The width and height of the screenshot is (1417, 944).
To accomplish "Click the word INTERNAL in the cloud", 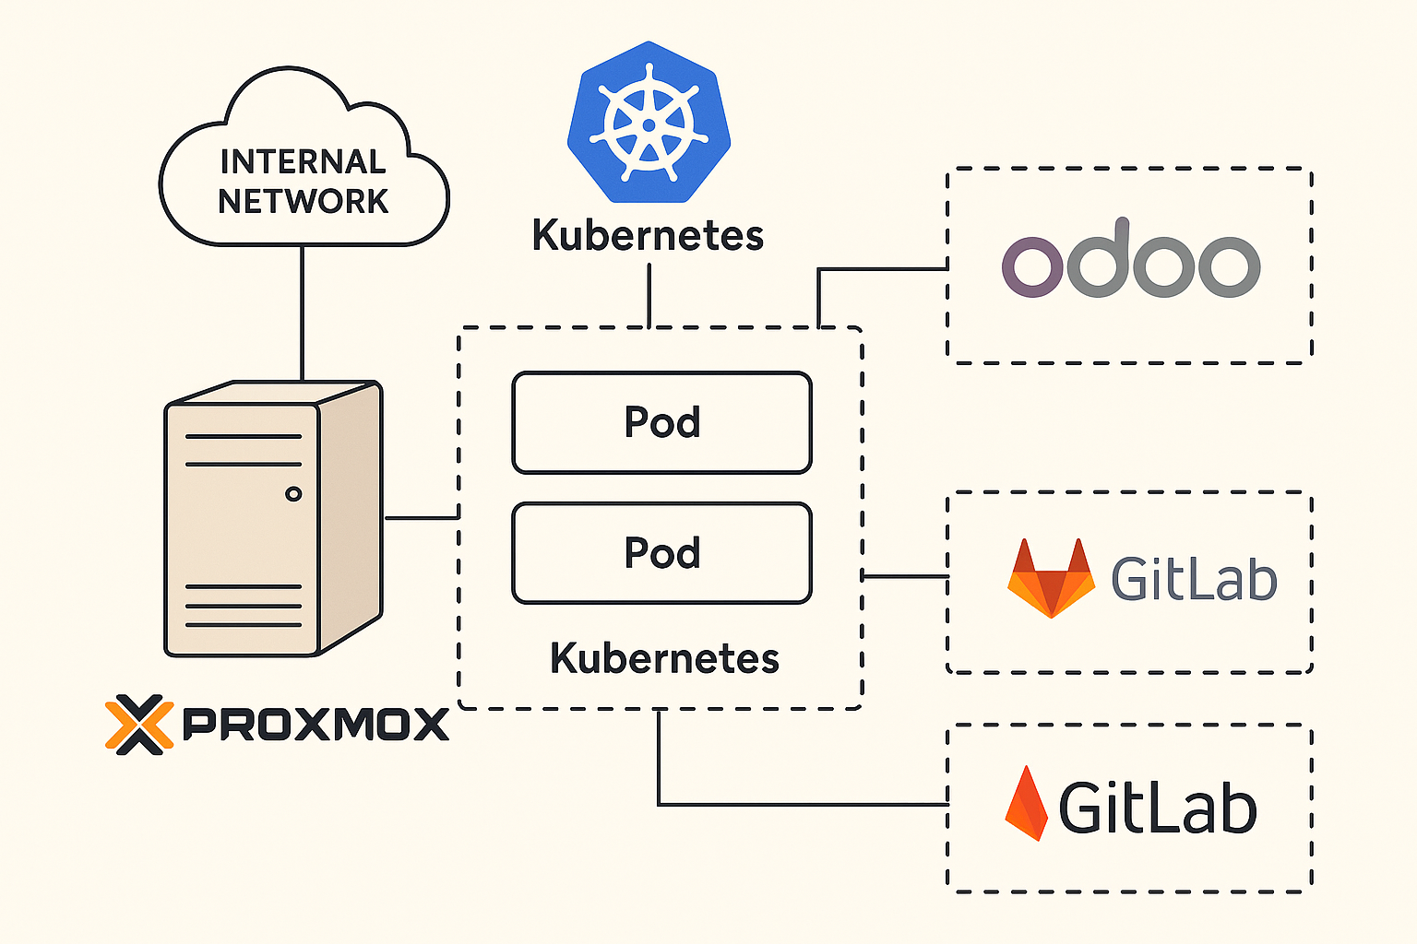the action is pyautogui.click(x=303, y=161).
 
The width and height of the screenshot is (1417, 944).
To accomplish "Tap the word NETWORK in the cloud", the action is pyautogui.click(x=303, y=201).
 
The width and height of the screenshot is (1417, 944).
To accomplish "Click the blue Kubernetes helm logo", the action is pyautogui.click(x=649, y=122).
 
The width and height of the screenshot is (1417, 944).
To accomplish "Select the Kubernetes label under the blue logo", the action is pyautogui.click(x=648, y=235).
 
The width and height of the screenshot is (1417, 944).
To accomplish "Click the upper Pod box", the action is pyautogui.click(x=661, y=422).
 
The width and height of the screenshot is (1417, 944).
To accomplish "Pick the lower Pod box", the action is pyautogui.click(x=661, y=553).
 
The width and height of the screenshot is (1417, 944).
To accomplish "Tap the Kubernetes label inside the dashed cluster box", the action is pyautogui.click(x=664, y=658).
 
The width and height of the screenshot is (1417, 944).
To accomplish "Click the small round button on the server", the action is pyautogui.click(x=293, y=494).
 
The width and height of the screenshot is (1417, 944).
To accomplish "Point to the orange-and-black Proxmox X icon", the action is pyautogui.click(x=139, y=725).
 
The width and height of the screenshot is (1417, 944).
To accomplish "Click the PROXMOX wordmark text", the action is pyautogui.click(x=316, y=724).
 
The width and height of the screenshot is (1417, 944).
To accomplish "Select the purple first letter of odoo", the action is pyautogui.click(x=1032, y=266).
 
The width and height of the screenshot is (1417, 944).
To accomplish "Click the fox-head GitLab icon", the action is pyautogui.click(x=1051, y=578).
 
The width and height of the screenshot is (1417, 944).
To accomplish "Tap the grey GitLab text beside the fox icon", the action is pyautogui.click(x=1195, y=578).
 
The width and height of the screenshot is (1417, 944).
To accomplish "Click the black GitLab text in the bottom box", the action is pyautogui.click(x=1158, y=808).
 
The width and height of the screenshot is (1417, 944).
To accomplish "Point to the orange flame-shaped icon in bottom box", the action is pyautogui.click(x=1026, y=803).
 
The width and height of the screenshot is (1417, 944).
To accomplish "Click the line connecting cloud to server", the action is pyautogui.click(x=303, y=313).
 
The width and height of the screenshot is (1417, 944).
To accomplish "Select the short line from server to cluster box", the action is pyautogui.click(x=422, y=518).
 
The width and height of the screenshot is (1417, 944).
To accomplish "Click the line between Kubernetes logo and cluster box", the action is pyautogui.click(x=649, y=296).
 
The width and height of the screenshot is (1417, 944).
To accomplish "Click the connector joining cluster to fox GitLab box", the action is pyautogui.click(x=905, y=577).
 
